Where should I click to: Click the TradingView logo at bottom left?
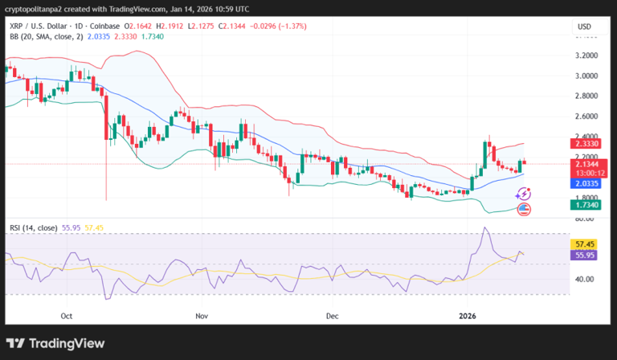coord(55,343)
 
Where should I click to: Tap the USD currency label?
coord(583,27)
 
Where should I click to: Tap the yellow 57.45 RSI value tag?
coord(584,243)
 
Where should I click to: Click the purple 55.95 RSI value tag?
coord(584,255)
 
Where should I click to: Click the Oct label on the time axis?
coord(67,317)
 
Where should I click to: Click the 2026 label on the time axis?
coord(468,317)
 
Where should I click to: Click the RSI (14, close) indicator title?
coord(31,228)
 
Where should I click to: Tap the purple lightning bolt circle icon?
coord(524,193)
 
